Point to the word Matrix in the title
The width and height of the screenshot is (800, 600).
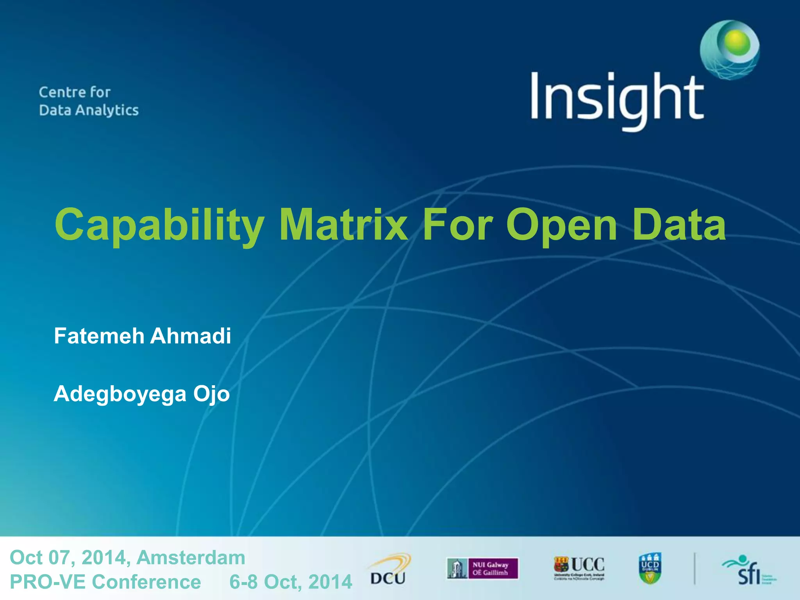point(344,225)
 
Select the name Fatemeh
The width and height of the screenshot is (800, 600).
point(99,336)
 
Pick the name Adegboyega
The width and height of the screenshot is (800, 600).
point(120,394)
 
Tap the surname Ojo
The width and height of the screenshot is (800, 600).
point(211,394)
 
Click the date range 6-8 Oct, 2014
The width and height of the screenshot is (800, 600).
point(291,582)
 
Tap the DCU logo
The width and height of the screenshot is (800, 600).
point(389,570)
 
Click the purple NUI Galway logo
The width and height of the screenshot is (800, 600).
point(483,568)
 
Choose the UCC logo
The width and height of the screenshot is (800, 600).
point(579,568)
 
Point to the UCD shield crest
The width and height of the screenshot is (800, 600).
point(650,568)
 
